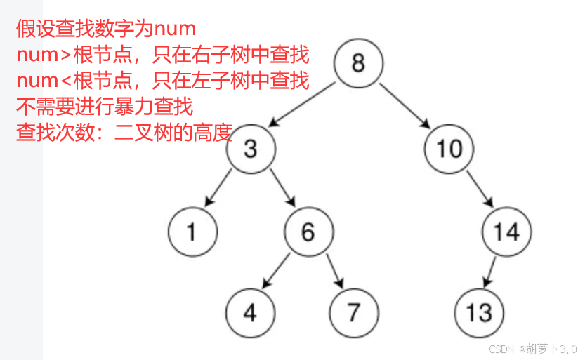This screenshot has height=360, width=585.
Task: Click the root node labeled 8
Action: [x=358, y=63]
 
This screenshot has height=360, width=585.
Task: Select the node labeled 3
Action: [x=251, y=149]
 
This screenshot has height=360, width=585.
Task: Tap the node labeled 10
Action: [x=448, y=149]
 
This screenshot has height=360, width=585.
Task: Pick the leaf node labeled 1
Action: [x=192, y=231]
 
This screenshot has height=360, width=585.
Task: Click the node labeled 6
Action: [x=308, y=231]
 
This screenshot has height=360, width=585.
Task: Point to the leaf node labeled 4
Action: [x=251, y=312]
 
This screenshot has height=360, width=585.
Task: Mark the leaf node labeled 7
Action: [x=353, y=312]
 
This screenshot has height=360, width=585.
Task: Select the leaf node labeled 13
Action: [x=478, y=312]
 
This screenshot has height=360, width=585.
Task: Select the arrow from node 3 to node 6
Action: [x=280, y=190]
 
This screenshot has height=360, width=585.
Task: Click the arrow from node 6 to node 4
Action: [x=277, y=270]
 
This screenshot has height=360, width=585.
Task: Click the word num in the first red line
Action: [x=174, y=29]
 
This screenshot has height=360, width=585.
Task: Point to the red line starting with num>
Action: [x=162, y=55]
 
